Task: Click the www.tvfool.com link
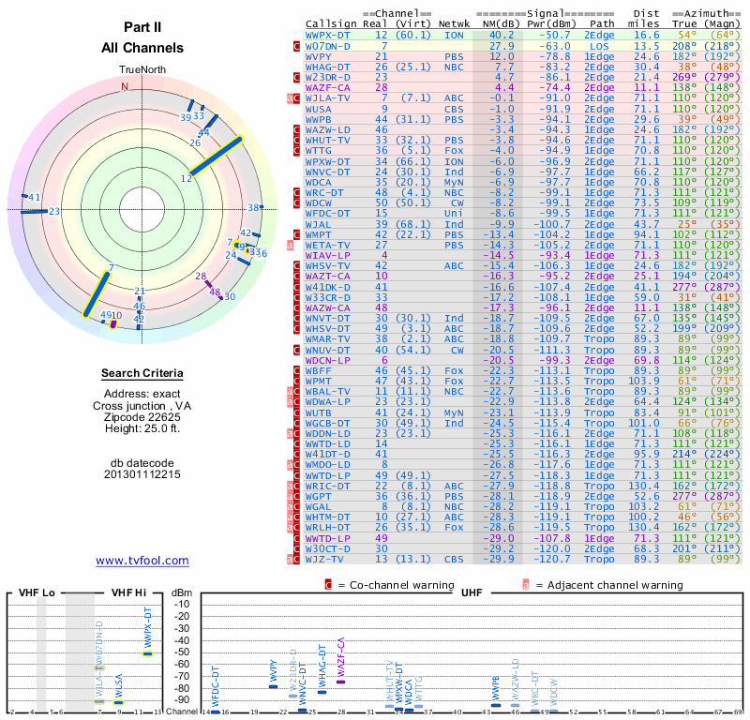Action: pyautogui.click(x=142, y=561)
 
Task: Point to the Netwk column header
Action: pyautogui.click(x=454, y=22)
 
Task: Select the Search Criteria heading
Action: pyautogui.click(x=142, y=374)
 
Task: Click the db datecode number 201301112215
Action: pyautogui.click(x=142, y=474)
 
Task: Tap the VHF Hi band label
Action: pyautogui.click(x=129, y=593)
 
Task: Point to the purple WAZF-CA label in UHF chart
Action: pyautogui.click(x=341, y=653)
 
